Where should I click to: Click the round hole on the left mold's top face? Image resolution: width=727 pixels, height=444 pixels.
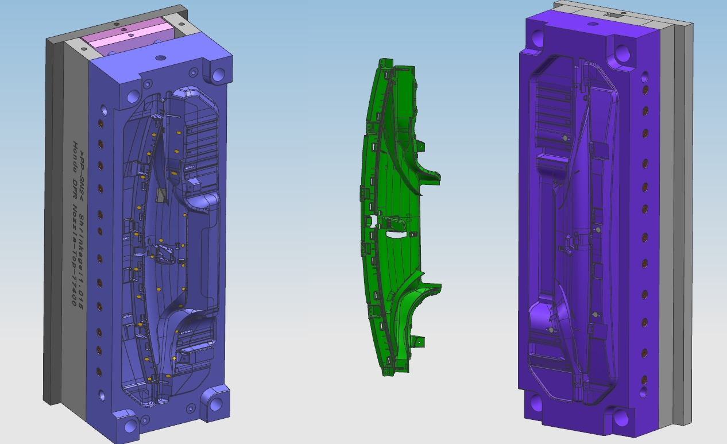(x=160, y=58)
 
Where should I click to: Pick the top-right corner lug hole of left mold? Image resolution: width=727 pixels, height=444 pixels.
(x=219, y=75)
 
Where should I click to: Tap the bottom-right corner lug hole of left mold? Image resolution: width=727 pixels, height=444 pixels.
(x=216, y=404)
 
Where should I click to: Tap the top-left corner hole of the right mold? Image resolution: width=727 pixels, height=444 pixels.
(x=539, y=38)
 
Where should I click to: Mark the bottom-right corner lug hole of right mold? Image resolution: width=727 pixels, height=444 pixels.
(x=621, y=416)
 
